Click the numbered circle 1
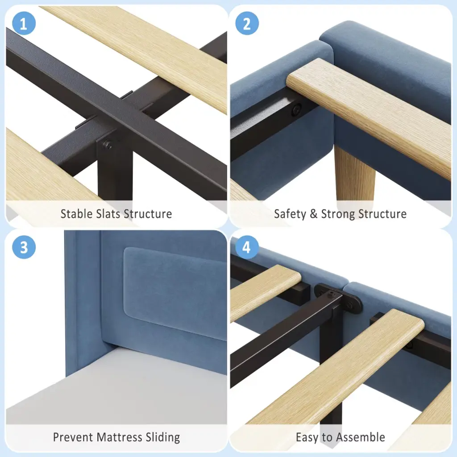click(x=24, y=23)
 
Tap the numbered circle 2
click(x=247, y=23)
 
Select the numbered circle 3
click(x=24, y=247)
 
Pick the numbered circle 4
click(x=246, y=247)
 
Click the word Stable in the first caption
click(x=76, y=214)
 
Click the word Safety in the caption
click(x=290, y=214)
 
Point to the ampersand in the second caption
click(x=314, y=214)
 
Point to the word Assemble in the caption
click(x=361, y=437)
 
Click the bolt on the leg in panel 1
click(x=108, y=145)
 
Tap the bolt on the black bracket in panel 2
click(x=297, y=110)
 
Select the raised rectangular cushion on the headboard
click(x=175, y=293)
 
